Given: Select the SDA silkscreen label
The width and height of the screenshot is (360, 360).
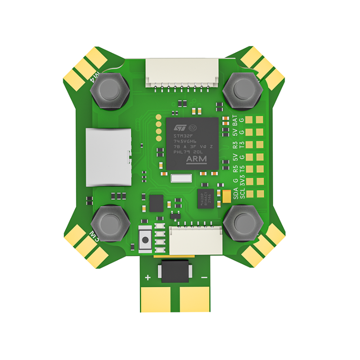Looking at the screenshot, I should pos(235,194).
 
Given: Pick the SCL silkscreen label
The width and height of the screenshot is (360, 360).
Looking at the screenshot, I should pos(243,194).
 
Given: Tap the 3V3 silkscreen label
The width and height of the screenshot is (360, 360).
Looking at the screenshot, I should pos(243,182).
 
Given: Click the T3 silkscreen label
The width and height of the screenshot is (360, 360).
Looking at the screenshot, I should pos(243,145).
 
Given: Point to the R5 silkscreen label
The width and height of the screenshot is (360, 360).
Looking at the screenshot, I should pos(235,170).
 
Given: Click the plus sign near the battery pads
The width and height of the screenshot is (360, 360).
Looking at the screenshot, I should pos(148,278).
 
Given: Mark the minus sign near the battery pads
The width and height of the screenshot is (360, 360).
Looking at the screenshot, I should pos(204,278).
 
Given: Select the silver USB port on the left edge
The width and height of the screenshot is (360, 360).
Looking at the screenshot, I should pos(108,157).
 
